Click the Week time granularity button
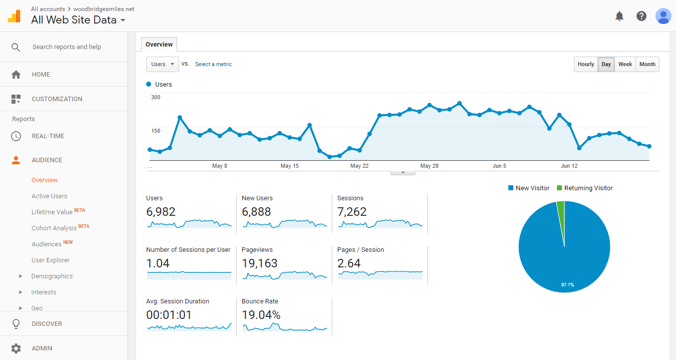point(625,64)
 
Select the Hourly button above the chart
point(586,64)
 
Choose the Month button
point(647,64)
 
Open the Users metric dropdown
point(163,64)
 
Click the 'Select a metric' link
point(213,64)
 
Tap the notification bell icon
point(619,16)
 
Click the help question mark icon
point(641,16)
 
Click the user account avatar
point(663,16)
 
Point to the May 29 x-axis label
point(429,166)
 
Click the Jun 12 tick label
point(569,166)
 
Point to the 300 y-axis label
point(156,97)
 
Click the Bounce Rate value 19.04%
point(261,315)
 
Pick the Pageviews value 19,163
point(259,263)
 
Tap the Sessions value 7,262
point(352,212)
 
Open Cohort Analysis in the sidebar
point(54,228)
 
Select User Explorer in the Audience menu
point(51,260)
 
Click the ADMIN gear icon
point(16,348)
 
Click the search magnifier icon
point(16,47)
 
